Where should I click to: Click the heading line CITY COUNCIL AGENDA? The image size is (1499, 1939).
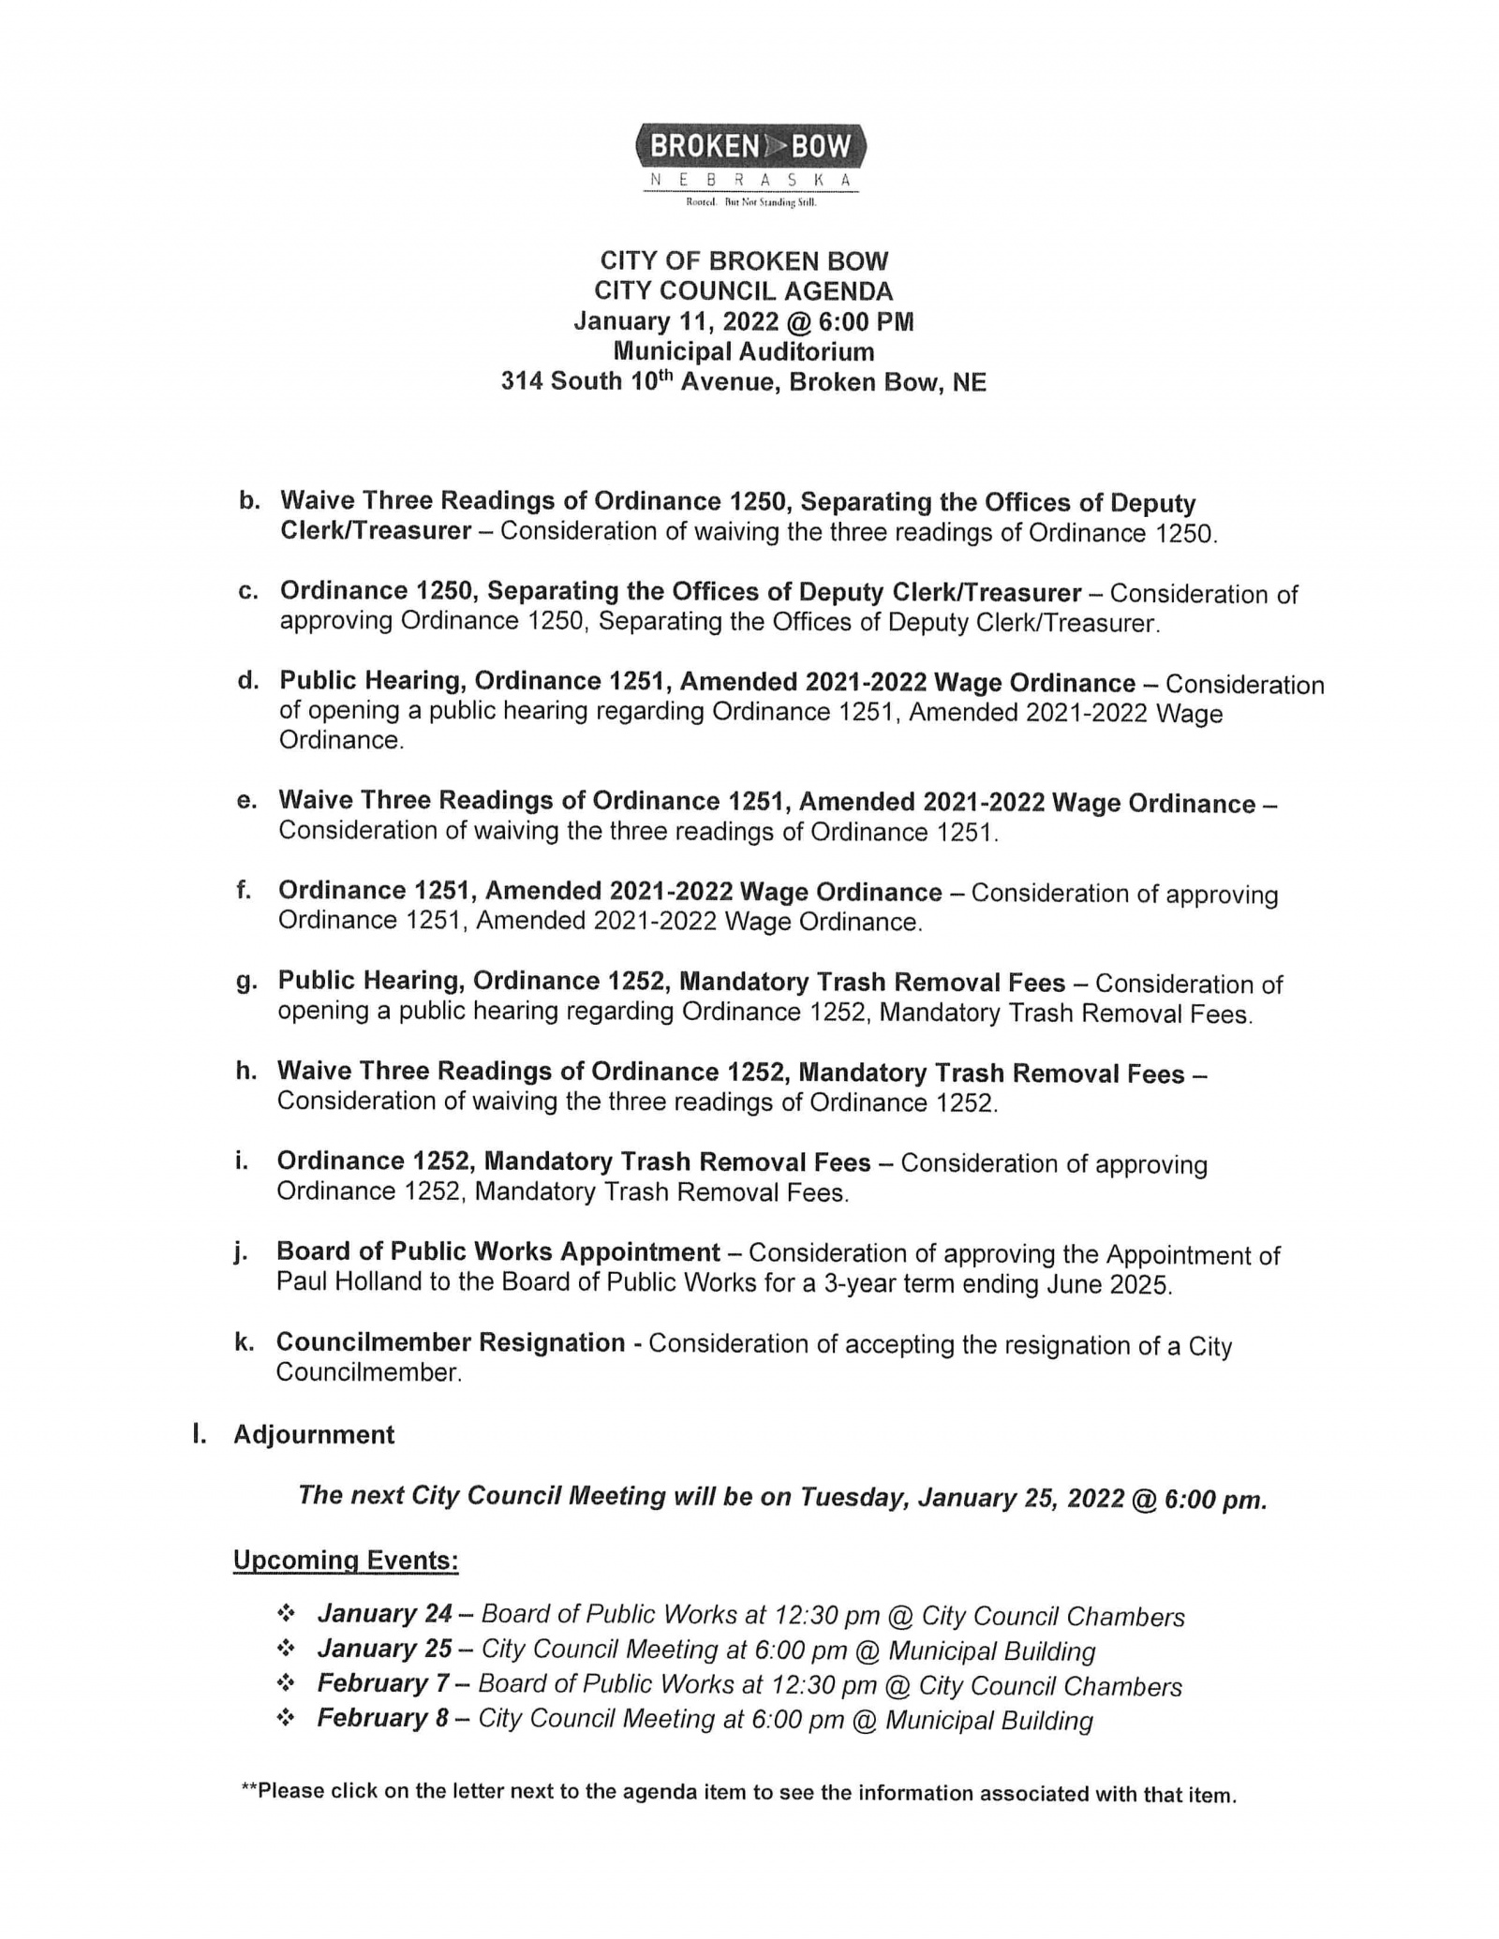(743, 291)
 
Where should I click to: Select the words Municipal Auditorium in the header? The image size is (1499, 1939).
(743, 351)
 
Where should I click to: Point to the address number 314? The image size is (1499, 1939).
(521, 381)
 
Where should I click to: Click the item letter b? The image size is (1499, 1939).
(248, 501)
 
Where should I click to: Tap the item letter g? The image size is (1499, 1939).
(246, 982)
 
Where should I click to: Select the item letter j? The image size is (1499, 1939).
(243, 1252)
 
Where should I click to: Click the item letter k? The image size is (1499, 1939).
(244, 1342)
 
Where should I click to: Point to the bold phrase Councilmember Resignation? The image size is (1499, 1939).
(450, 1342)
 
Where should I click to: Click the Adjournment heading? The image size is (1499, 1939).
(314, 1435)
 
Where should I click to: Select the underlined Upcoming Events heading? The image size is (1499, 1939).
(346, 1561)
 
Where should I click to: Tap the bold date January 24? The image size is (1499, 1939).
(384, 1614)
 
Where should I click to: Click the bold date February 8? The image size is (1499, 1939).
(382, 1718)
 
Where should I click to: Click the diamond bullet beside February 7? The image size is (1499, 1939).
(286, 1683)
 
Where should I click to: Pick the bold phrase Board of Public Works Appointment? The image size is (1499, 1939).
(497, 1252)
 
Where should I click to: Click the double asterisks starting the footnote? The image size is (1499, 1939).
(249, 1789)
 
